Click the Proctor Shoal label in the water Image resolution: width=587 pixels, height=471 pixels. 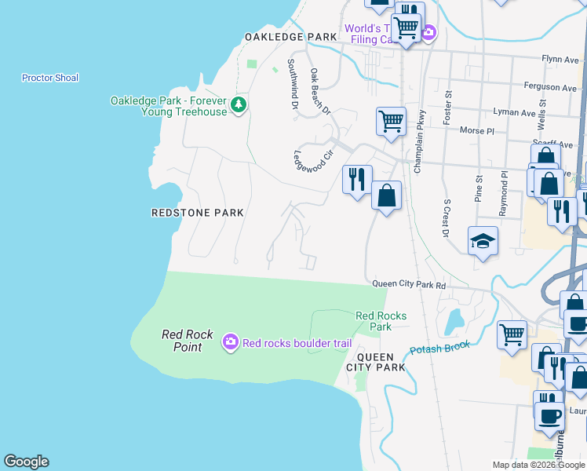50,78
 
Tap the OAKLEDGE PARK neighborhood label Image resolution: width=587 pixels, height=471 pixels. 290,37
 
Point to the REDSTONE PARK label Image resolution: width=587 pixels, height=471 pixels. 197,213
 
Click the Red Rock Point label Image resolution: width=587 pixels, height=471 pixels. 188,341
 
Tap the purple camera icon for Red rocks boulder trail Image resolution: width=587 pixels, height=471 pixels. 231,341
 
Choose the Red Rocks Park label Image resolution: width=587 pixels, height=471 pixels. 381,321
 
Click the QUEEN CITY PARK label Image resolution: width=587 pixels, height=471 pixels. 376,361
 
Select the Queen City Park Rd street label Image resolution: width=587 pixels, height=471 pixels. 408,285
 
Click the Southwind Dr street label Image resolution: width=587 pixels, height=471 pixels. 292,83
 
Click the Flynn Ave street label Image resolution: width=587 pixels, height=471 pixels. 560,59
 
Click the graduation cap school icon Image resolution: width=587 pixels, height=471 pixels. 483,241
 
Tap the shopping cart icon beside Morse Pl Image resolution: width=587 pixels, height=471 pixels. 391,122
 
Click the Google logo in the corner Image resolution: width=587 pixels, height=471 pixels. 26,462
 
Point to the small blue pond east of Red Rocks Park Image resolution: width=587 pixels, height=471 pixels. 454,322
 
